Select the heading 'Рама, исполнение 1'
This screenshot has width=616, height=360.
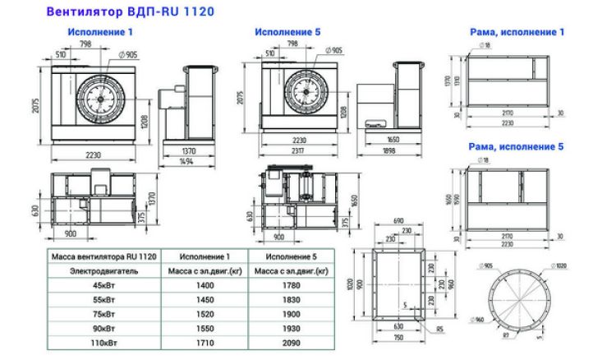coord(517,32)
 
